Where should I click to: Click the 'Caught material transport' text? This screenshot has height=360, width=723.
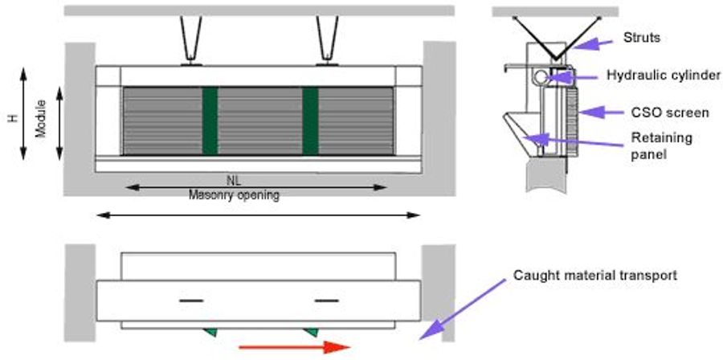coord(595,275)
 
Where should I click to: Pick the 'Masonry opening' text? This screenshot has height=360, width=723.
coord(234,195)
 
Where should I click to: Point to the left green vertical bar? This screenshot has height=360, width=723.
coord(210,120)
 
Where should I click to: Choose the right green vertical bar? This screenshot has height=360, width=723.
coord(310,120)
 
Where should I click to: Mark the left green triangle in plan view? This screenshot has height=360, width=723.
coord(210,330)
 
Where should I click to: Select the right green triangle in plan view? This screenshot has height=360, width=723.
coord(310,330)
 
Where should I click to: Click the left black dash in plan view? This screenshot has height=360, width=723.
coord(190,300)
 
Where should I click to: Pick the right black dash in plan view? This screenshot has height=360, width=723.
coord(326,300)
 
